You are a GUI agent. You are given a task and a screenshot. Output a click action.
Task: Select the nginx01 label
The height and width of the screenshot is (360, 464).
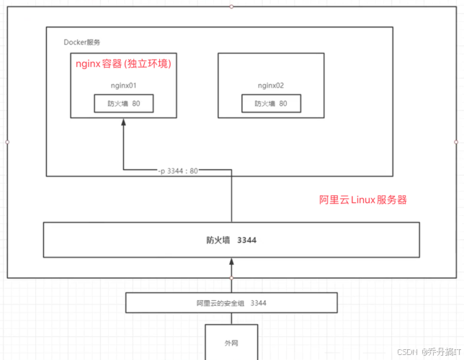click(123, 86)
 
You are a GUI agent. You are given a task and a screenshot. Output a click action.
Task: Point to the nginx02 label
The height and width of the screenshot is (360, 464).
click(270, 86)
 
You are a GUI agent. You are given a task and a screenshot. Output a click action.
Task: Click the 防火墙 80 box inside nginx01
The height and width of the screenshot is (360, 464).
click(123, 104)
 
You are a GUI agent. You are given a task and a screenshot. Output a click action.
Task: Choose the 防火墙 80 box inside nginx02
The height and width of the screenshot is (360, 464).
click(270, 104)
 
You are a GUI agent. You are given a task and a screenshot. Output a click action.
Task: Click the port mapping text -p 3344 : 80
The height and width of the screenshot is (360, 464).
click(178, 171)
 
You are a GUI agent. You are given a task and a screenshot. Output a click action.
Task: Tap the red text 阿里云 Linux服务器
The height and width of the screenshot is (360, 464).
click(362, 200)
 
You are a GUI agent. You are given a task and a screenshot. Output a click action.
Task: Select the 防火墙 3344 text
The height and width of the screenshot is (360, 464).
click(231, 239)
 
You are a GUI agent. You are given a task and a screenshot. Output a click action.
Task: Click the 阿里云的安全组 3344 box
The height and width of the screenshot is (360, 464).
click(231, 303)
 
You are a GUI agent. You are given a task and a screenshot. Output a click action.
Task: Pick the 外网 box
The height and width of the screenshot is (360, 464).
click(231, 342)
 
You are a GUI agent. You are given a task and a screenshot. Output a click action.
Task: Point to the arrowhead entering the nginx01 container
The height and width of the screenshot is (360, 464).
click(123, 123)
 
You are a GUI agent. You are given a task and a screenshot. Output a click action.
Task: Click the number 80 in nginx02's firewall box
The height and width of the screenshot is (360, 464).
click(282, 104)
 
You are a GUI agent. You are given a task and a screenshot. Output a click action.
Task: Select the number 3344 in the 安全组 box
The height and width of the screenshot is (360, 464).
click(258, 303)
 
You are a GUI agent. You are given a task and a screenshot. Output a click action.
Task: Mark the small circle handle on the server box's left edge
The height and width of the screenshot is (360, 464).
click(7, 142)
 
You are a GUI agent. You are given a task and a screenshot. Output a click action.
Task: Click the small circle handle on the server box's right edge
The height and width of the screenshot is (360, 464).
click(456, 142)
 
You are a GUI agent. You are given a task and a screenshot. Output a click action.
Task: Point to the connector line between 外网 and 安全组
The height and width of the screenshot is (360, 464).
click(231, 318)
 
